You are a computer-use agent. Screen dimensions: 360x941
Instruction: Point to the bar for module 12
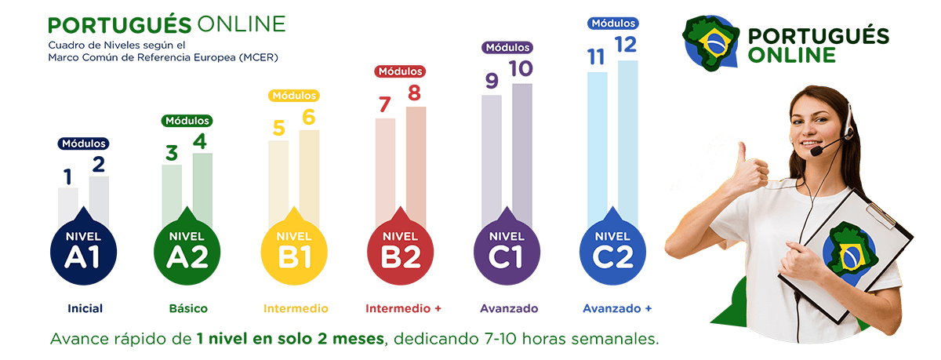click(x=628, y=141)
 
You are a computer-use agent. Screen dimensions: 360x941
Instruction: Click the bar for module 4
click(x=202, y=188)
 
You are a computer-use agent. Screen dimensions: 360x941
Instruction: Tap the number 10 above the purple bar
click(x=521, y=70)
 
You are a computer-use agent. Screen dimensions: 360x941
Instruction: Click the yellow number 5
click(x=278, y=128)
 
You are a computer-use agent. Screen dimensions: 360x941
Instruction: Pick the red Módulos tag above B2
click(x=401, y=71)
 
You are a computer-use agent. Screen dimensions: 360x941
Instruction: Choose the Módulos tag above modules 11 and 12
click(x=612, y=24)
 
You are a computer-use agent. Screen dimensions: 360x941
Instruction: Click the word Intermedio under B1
click(x=296, y=308)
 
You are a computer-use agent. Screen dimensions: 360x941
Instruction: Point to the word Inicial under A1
click(x=85, y=308)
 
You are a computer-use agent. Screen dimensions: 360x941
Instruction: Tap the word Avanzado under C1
click(x=509, y=308)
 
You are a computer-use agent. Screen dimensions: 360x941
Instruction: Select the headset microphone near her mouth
click(x=816, y=151)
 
